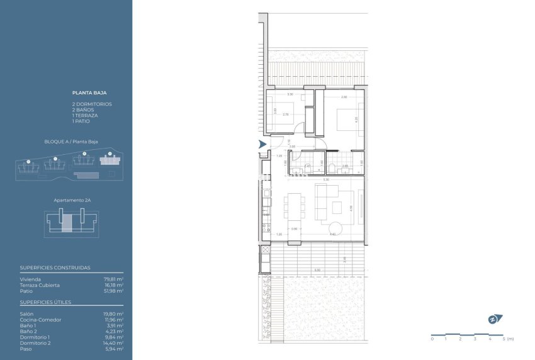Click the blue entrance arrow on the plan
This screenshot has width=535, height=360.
coord(262,145)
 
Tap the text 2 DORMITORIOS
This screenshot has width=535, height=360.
coord(92,103)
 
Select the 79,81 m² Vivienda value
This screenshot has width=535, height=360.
coord(113,279)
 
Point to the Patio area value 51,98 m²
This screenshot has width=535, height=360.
coord(113,291)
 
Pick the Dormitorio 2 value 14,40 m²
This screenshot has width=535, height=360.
coord(113,342)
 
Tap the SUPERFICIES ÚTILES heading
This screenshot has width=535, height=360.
coord(45,302)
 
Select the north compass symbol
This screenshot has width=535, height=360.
coord(493,318)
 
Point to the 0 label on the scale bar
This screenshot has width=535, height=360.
coord(432,339)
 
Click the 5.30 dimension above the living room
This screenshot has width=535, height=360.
coord(325,180)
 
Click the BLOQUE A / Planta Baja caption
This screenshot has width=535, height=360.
coord(71,142)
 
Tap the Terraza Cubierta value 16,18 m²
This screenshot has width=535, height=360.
coord(113,285)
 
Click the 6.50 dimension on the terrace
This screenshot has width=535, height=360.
coord(317,270)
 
